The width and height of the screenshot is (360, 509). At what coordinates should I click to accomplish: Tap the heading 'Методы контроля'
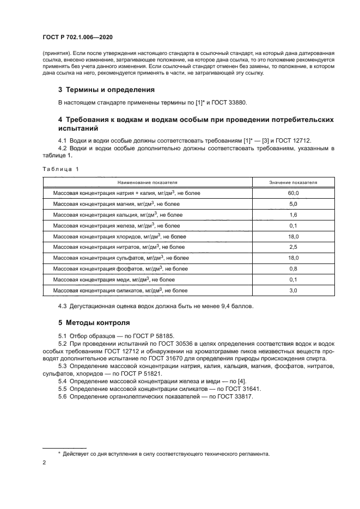click(x=94, y=322)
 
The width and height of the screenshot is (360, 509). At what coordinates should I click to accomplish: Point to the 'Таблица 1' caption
click(x=60, y=169)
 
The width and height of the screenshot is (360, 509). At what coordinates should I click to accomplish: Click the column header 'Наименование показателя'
click(x=146, y=183)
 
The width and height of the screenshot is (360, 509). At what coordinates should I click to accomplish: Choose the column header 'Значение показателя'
click(x=293, y=183)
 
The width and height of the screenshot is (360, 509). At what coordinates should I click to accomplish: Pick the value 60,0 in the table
click(x=293, y=193)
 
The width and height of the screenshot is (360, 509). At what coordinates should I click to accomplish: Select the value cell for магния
click(x=293, y=204)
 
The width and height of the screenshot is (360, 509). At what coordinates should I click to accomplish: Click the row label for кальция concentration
click(x=117, y=215)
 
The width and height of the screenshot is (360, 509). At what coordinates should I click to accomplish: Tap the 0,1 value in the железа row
click(x=293, y=226)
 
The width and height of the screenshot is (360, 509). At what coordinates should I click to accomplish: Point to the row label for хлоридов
click(x=119, y=237)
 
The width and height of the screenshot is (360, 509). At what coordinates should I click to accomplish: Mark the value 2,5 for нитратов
click(x=293, y=248)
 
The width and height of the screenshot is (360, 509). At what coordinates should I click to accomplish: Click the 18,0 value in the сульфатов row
click(x=293, y=258)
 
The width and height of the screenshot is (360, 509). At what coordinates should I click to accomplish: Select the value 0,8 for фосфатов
click(x=293, y=269)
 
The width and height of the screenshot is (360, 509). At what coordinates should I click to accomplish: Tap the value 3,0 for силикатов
click(x=293, y=291)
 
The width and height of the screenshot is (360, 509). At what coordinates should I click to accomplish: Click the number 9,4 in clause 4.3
click(x=228, y=306)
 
